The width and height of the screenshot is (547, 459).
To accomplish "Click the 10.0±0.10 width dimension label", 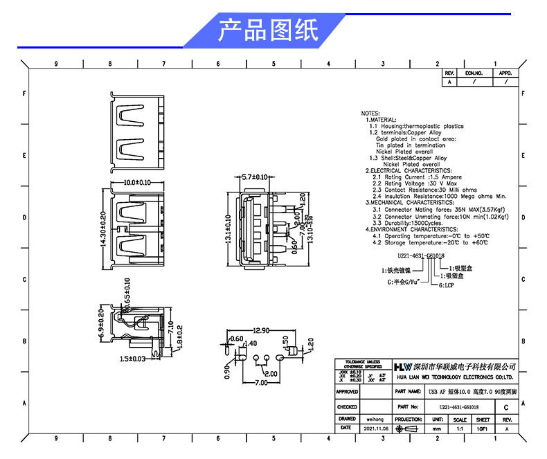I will click(x=137, y=183).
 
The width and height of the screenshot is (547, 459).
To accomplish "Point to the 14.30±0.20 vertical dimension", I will click(x=104, y=230).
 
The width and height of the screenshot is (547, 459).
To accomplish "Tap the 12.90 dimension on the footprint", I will click(x=257, y=332).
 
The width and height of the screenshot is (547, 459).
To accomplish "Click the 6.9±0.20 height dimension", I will click(x=102, y=324).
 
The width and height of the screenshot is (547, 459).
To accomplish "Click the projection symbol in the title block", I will click(x=409, y=429).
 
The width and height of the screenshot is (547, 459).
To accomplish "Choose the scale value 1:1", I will click(x=459, y=429).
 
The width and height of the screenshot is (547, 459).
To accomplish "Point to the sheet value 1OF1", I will click(x=483, y=429).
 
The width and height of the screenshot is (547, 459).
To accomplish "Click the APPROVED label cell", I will click(x=347, y=392).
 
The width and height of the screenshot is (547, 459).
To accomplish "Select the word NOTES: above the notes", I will click(x=370, y=113).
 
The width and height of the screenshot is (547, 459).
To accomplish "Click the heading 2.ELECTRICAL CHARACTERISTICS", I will click(x=409, y=170).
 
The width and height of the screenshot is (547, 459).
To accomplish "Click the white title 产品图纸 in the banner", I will click(x=268, y=30).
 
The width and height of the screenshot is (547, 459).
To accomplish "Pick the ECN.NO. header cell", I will click(x=474, y=73).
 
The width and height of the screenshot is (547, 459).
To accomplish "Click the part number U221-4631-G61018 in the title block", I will click(x=460, y=408).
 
